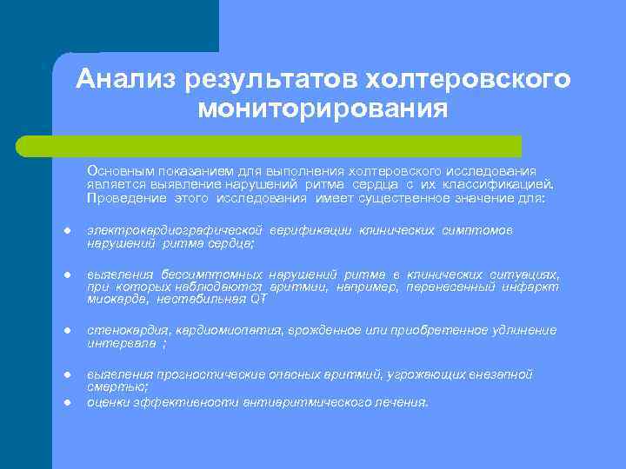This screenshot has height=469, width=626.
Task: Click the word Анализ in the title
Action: pos(126,80)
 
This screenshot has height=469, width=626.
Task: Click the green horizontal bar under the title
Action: pos(287,146)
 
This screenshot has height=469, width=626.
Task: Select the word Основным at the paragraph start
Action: pos(118,171)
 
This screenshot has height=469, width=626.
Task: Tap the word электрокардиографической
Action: pos(175,230)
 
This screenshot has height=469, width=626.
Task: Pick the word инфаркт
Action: pos(533,287)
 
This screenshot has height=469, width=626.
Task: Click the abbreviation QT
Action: pos(257,300)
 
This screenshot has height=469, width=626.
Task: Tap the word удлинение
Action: pos(522,331)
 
